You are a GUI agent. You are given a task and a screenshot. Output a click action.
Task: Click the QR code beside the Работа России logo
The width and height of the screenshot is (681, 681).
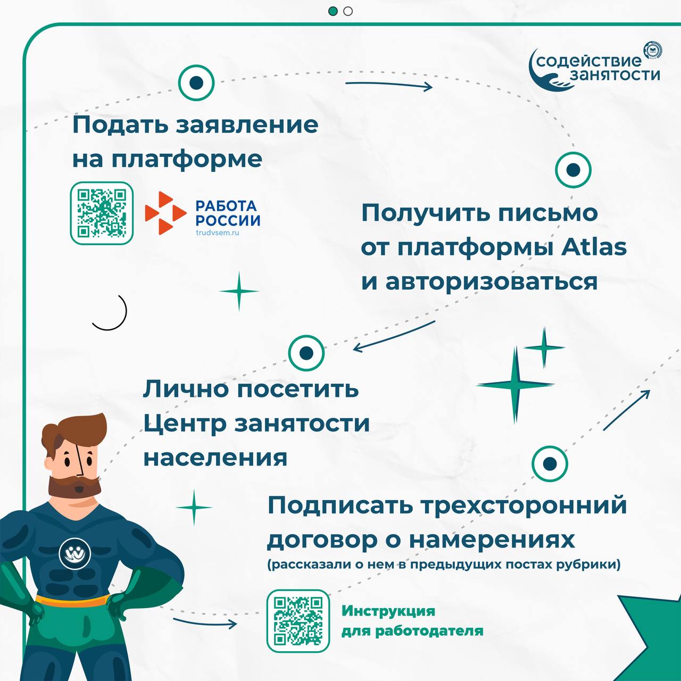(102, 213)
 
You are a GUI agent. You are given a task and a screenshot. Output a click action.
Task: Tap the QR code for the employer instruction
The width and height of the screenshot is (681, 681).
(298, 620)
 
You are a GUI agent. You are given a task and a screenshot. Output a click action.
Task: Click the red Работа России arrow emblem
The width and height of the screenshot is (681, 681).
(165, 213)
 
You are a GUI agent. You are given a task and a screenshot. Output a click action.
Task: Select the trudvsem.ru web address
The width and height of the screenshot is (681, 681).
(218, 232)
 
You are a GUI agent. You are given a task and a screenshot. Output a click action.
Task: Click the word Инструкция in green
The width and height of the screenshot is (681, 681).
(388, 611)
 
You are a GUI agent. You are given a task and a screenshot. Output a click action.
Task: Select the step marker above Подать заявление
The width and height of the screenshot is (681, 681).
(196, 82)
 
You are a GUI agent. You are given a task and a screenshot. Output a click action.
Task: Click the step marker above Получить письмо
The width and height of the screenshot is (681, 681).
(573, 170)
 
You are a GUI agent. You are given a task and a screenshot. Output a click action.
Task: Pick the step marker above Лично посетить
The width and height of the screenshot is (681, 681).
(306, 353)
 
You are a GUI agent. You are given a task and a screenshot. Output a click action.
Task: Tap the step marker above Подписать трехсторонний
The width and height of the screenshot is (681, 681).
(550, 463)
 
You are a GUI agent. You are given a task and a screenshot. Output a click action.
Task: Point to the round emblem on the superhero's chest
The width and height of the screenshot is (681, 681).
(74, 553)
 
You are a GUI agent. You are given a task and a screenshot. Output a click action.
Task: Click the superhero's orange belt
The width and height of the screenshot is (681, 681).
(73, 601)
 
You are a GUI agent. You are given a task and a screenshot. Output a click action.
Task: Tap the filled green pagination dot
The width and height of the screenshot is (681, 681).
(333, 11)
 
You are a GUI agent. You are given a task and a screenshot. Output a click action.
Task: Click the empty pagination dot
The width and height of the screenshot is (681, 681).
(348, 11)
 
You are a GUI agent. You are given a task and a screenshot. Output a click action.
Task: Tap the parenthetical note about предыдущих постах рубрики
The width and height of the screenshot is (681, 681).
(444, 564)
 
